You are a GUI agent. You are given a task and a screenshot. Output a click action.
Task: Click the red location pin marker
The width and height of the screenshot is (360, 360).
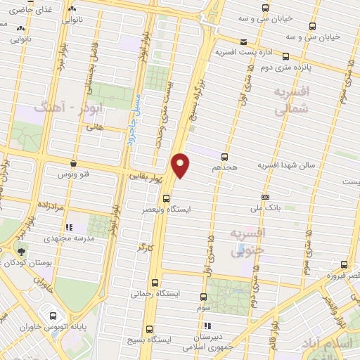point(181,165)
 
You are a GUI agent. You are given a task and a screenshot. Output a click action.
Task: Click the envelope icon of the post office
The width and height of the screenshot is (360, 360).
point(243,41)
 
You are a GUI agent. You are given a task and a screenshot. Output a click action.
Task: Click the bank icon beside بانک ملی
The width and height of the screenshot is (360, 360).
point(264,198)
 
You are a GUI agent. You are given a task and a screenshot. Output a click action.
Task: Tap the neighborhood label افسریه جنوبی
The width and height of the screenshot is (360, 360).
point(248,240)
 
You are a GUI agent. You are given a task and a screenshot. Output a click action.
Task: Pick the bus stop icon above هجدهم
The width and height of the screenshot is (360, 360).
point(224,157)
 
